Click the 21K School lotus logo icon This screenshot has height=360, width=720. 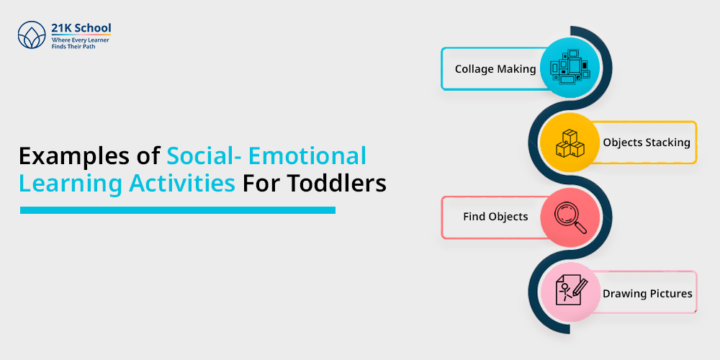[x=32, y=35]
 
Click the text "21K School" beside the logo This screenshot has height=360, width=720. [x=81, y=28]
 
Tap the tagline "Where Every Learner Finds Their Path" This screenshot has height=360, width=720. [x=80, y=43]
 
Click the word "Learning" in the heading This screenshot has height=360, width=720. [x=71, y=184]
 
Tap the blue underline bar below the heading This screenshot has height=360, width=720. [x=178, y=210]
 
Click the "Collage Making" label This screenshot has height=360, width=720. [x=495, y=69]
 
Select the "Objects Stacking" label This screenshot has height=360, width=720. [x=647, y=143]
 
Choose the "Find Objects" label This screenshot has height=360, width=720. [x=495, y=217]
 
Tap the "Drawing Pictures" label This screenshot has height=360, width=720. [x=647, y=294]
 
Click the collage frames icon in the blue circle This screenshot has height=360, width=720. [x=570, y=68]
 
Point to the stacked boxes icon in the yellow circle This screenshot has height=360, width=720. [x=570, y=143]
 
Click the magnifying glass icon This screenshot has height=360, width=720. [x=570, y=217]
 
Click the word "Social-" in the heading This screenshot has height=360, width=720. [x=204, y=156]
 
